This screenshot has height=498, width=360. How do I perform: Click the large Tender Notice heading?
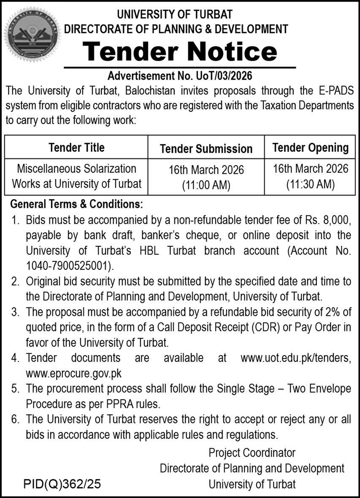click(x=180, y=52)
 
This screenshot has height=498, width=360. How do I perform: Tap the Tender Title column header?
click(x=76, y=148)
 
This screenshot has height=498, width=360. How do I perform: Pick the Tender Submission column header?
click(x=206, y=148)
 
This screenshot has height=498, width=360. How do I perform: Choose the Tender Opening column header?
click(x=310, y=148)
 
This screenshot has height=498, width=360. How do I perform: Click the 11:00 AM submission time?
click(x=206, y=185)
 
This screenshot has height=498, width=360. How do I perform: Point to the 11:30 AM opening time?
click(x=310, y=184)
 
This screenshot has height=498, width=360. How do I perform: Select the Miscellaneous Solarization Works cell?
click(x=76, y=176)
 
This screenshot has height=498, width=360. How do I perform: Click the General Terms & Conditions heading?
click(x=76, y=205)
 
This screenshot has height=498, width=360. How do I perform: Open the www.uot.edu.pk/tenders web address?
click(x=295, y=358)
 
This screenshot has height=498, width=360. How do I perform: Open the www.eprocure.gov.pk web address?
click(x=73, y=373)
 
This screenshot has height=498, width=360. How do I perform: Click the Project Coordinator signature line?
click(x=252, y=453)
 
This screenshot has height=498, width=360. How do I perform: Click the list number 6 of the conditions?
click(x=15, y=419)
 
